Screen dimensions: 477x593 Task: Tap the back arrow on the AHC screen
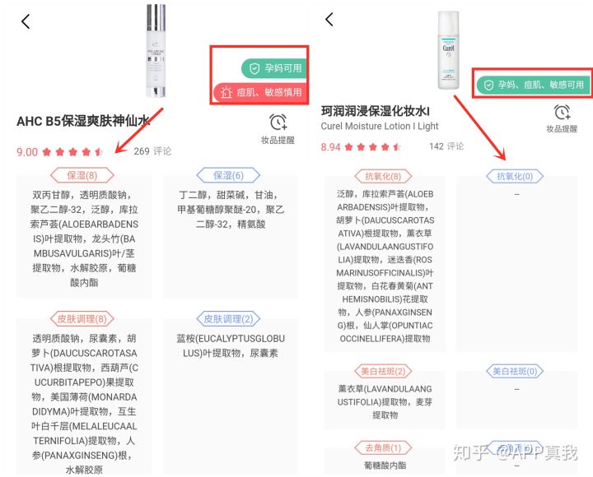pos(26,21)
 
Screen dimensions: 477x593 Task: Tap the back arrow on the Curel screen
pos(329,19)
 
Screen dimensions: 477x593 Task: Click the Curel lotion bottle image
pos(448,49)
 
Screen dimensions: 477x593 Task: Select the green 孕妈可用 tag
pos(271,68)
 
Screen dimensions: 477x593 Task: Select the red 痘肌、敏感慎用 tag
pos(259,92)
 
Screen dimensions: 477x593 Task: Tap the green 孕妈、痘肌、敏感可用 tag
pos(535,85)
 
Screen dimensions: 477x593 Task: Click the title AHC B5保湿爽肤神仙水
pos(83,122)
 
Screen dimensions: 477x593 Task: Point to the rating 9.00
pos(27,152)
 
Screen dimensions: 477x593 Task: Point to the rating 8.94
pos(330,146)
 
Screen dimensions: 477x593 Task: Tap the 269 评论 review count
pos(152,151)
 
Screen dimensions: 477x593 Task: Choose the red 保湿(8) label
pos(82,175)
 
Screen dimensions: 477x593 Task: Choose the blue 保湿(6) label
pos(228,175)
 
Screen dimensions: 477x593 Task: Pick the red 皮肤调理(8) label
pos(82,318)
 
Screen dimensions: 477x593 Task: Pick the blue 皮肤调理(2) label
pos(228,318)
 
